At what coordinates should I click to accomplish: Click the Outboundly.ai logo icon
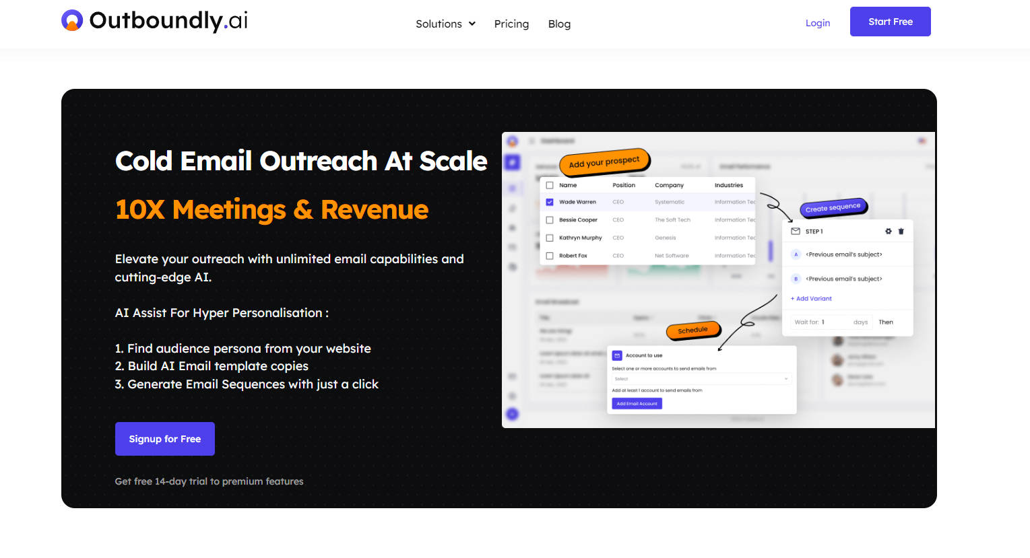pyautogui.click(x=72, y=21)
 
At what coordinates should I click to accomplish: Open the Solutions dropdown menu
pyautogui.click(x=445, y=24)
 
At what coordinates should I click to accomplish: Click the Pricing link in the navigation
pyautogui.click(x=511, y=24)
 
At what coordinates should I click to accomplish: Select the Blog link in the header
pyautogui.click(x=559, y=24)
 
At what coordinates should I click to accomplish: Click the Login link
pyautogui.click(x=817, y=23)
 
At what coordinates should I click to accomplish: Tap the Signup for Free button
pyautogui.click(x=165, y=439)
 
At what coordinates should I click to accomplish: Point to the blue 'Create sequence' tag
pyautogui.click(x=833, y=208)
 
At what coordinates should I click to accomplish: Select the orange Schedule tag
pyautogui.click(x=693, y=330)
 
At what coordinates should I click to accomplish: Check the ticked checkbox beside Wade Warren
pyautogui.click(x=550, y=202)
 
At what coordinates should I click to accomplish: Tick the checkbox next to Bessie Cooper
pyautogui.click(x=550, y=220)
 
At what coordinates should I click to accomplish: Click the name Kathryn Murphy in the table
pyautogui.click(x=580, y=238)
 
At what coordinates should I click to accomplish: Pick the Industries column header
pyautogui.click(x=728, y=185)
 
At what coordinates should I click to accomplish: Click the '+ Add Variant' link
pyautogui.click(x=811, y=299)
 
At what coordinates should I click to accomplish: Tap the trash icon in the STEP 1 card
pyautogui.click(x=901, y=232)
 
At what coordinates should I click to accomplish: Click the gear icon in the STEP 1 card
pyautogui.click(x=888, y=232)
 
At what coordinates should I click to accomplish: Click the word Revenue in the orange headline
pyautogui.click(x=375, y=210)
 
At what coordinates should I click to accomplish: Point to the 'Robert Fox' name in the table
pyautogui.click(x=573, y=256)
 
